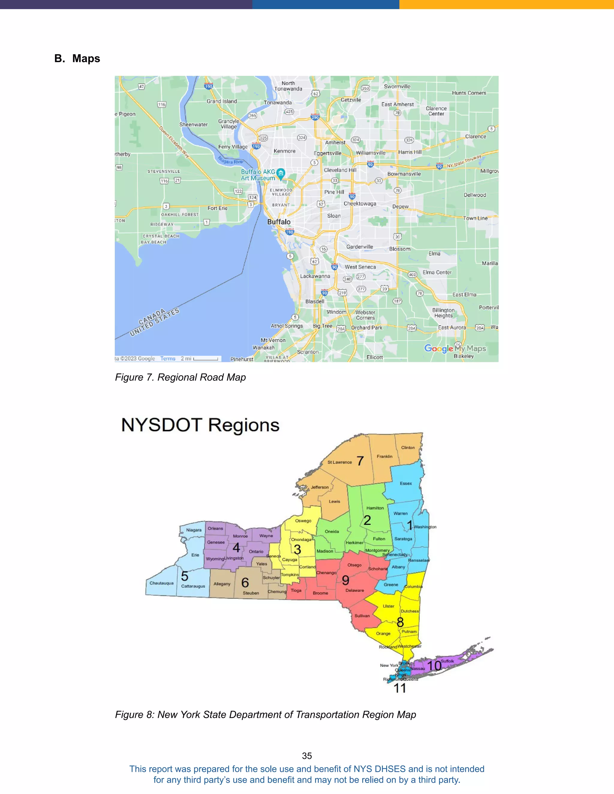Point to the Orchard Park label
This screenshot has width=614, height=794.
pyautogui.click(x=367, y=327)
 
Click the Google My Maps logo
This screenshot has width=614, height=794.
pyautogui.click(x=455, y=348)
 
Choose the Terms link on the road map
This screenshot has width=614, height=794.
pyautogui.click(x=168, y=358)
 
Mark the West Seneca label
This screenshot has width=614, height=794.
pyautogui.click(x=360, y=267)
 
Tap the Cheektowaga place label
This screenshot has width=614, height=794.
pyautogui.click(x=360, y=203)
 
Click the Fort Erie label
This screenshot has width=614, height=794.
pyautogui.click(x=218, y=208)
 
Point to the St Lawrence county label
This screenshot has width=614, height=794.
pyautogui.click(x=339, y=462)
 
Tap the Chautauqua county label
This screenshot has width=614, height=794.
pyautogui.click(x=162, y=583)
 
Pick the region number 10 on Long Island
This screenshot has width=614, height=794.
pyautogui.click(x=434, y=666)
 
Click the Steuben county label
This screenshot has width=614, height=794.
pyautogui.click(x=251, y=593)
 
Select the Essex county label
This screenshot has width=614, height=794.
pyautogui.click(x=406, y=484)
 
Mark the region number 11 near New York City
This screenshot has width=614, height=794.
pyautogui.click(x=400, y=688)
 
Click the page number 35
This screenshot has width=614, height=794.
pyautogui.click(x=307, y=756)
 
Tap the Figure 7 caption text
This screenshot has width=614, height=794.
pyautogui.click(x=180, y=377)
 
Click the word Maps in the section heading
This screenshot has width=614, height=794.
pyautogui.click(x=86, y=58)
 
